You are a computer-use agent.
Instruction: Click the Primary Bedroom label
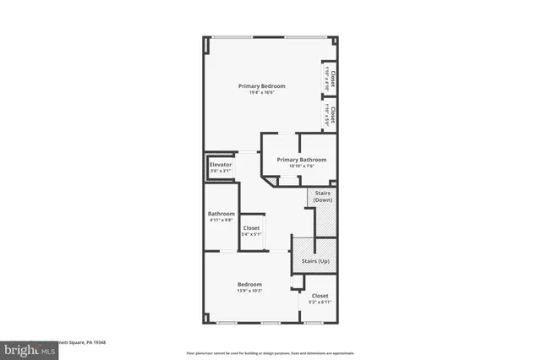[261, 86]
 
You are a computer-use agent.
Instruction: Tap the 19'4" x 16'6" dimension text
[261, 92]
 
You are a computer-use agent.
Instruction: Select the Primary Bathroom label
[301, 160]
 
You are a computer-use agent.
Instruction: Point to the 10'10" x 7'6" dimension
[301, 166]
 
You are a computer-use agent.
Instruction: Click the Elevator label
[221, 165]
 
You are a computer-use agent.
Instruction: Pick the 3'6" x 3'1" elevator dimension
[221, 171]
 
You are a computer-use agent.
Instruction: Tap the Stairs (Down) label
[323, 196]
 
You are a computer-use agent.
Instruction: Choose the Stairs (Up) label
[315, 262]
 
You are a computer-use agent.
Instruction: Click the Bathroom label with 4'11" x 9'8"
[221, 214]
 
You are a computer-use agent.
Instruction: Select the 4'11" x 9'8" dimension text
[221, 220]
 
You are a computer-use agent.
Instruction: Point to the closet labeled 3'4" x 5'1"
[252, 228]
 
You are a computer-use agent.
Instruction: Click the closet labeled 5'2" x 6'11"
[320, 296]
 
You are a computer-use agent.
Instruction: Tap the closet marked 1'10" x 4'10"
[331, 78]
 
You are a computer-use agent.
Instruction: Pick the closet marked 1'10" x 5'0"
[331, 114]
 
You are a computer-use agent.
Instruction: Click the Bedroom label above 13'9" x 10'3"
[249, 285]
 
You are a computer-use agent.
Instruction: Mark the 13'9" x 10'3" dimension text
[249, 291]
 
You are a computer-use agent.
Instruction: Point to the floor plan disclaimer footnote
[270, 352]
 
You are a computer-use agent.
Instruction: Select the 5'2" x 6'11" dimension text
[320, 302]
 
